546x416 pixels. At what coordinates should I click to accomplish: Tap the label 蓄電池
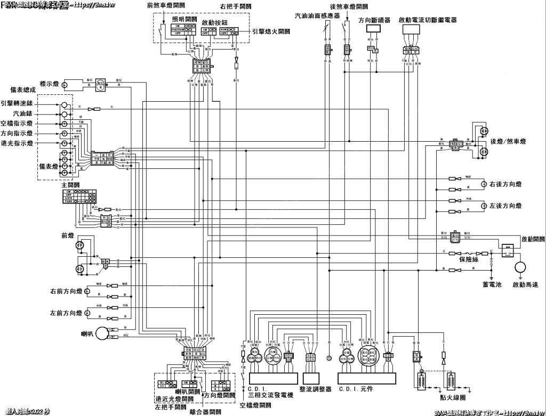click(492, 285)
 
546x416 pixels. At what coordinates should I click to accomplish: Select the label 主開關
click(70, 185)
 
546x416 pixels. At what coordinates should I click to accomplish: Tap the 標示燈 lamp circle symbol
click(65, 84)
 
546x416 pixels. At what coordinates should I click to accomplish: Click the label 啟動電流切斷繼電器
click(427, 20)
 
